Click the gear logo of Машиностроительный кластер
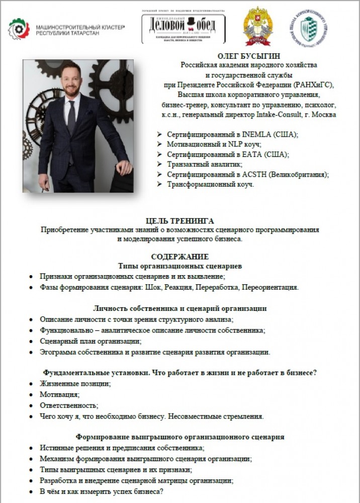[x=19, y=29]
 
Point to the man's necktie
[x=71, y=118]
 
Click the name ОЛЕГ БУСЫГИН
[x=249, y=55]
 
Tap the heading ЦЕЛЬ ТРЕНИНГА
[x=179, y=221]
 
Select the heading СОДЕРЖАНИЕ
[x=179, y=257]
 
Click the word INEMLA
[x=244, y=135]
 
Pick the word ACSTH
[x=244, y=174]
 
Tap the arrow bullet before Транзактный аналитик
[x=159, y=164]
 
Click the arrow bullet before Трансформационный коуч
[x=159, y=184]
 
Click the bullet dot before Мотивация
[x=31, y=394]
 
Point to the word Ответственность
[x=69, y=405]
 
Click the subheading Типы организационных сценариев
[x=179, y=266]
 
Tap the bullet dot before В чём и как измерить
[x=31, y=492]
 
